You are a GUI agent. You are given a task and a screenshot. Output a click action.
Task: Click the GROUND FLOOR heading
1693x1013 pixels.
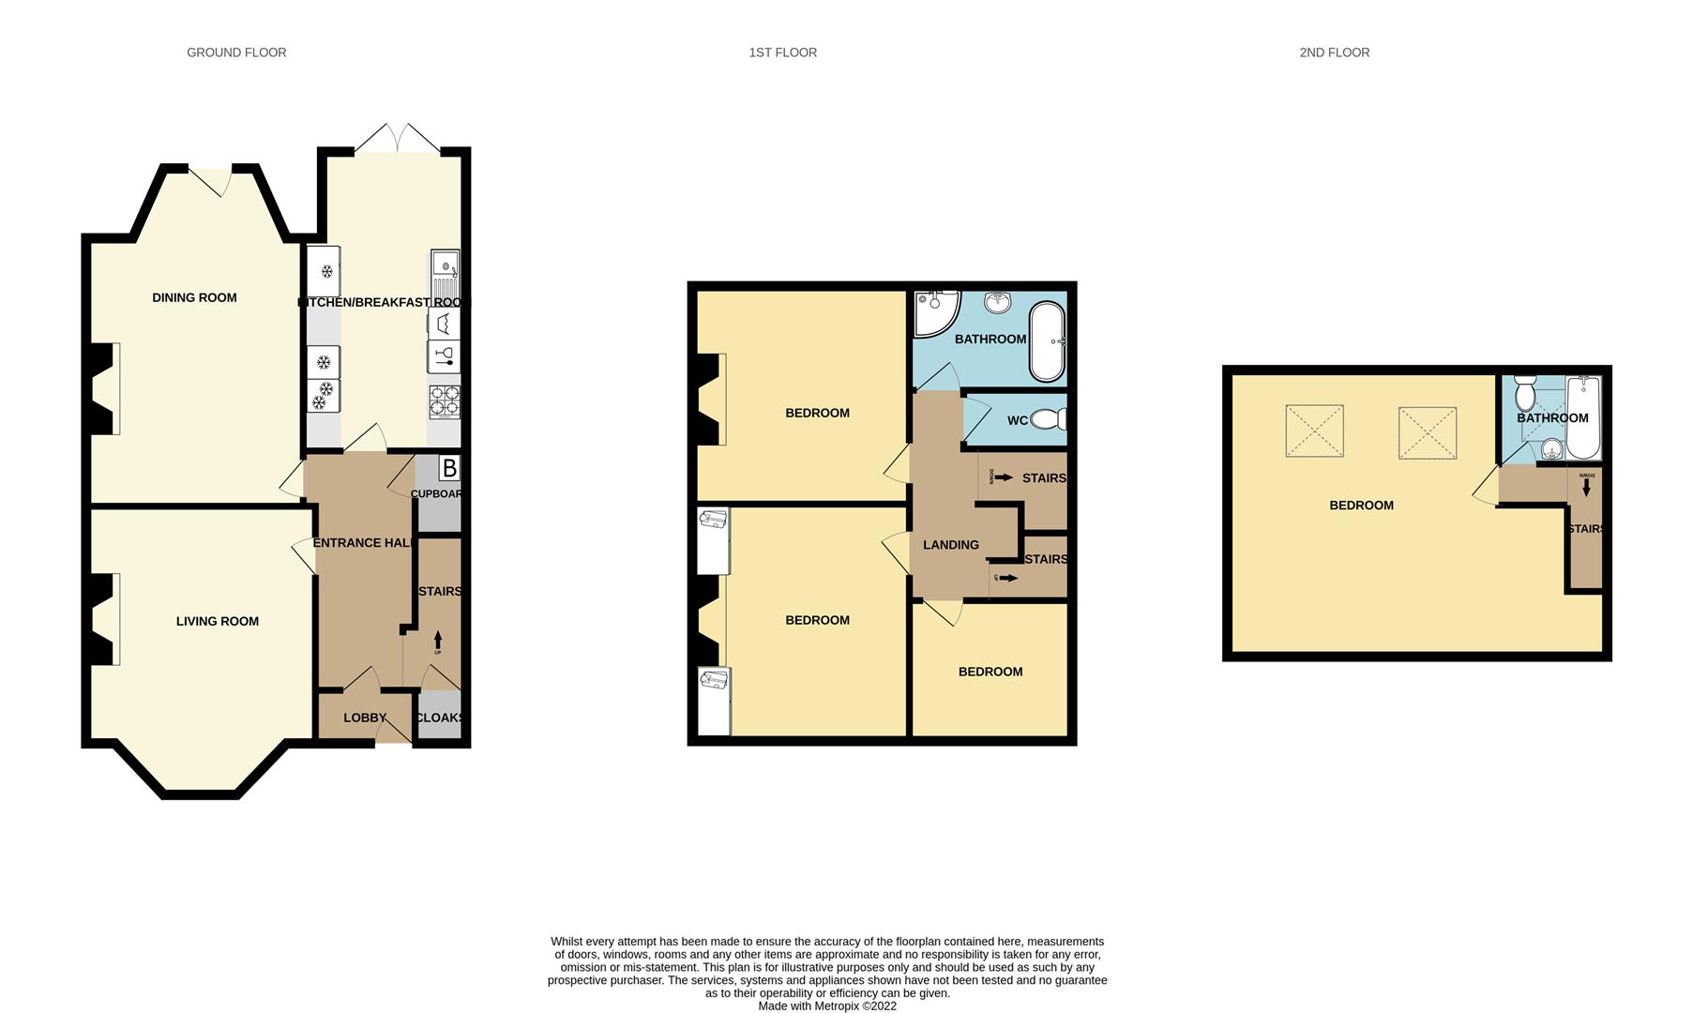click(236, 53)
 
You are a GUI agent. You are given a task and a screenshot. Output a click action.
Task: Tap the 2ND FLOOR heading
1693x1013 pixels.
click(1334, 53)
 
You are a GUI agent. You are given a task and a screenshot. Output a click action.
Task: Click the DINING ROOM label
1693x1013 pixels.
click(194, 297)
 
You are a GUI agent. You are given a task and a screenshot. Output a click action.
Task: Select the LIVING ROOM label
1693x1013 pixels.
click(217, 621)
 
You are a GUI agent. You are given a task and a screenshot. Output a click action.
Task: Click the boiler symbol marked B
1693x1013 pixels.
click(449, 468)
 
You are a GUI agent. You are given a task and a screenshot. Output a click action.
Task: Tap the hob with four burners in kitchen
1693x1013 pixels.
click(445, 401)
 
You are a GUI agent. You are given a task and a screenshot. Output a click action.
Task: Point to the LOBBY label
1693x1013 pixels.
click(365, 718)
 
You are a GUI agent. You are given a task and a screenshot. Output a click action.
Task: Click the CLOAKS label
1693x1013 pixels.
click(439, 718)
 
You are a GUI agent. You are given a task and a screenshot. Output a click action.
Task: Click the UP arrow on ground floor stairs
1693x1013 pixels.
click(437, 643)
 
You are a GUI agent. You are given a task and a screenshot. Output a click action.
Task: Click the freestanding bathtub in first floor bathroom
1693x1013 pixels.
click(1047, 341)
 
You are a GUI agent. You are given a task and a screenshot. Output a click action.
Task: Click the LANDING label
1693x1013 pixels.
click(950, 545)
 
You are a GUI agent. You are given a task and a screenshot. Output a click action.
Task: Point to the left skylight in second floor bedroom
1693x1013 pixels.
click(1314, 431)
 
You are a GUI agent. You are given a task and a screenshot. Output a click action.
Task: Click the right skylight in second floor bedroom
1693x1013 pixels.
click(1427, 432)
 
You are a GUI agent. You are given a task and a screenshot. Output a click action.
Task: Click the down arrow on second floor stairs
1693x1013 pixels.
click(1586, 486)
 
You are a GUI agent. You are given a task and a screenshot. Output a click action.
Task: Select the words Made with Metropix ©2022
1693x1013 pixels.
click(826, 1005)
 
